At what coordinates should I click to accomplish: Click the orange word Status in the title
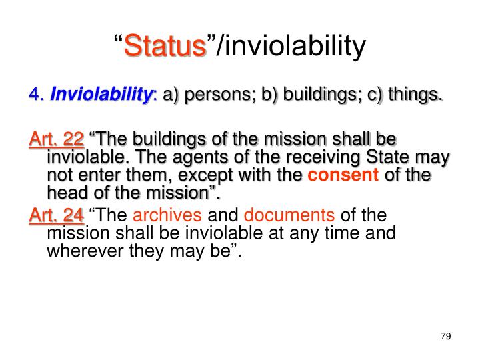165,47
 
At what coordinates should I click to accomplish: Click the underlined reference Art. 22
57,139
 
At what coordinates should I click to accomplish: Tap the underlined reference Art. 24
57,215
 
